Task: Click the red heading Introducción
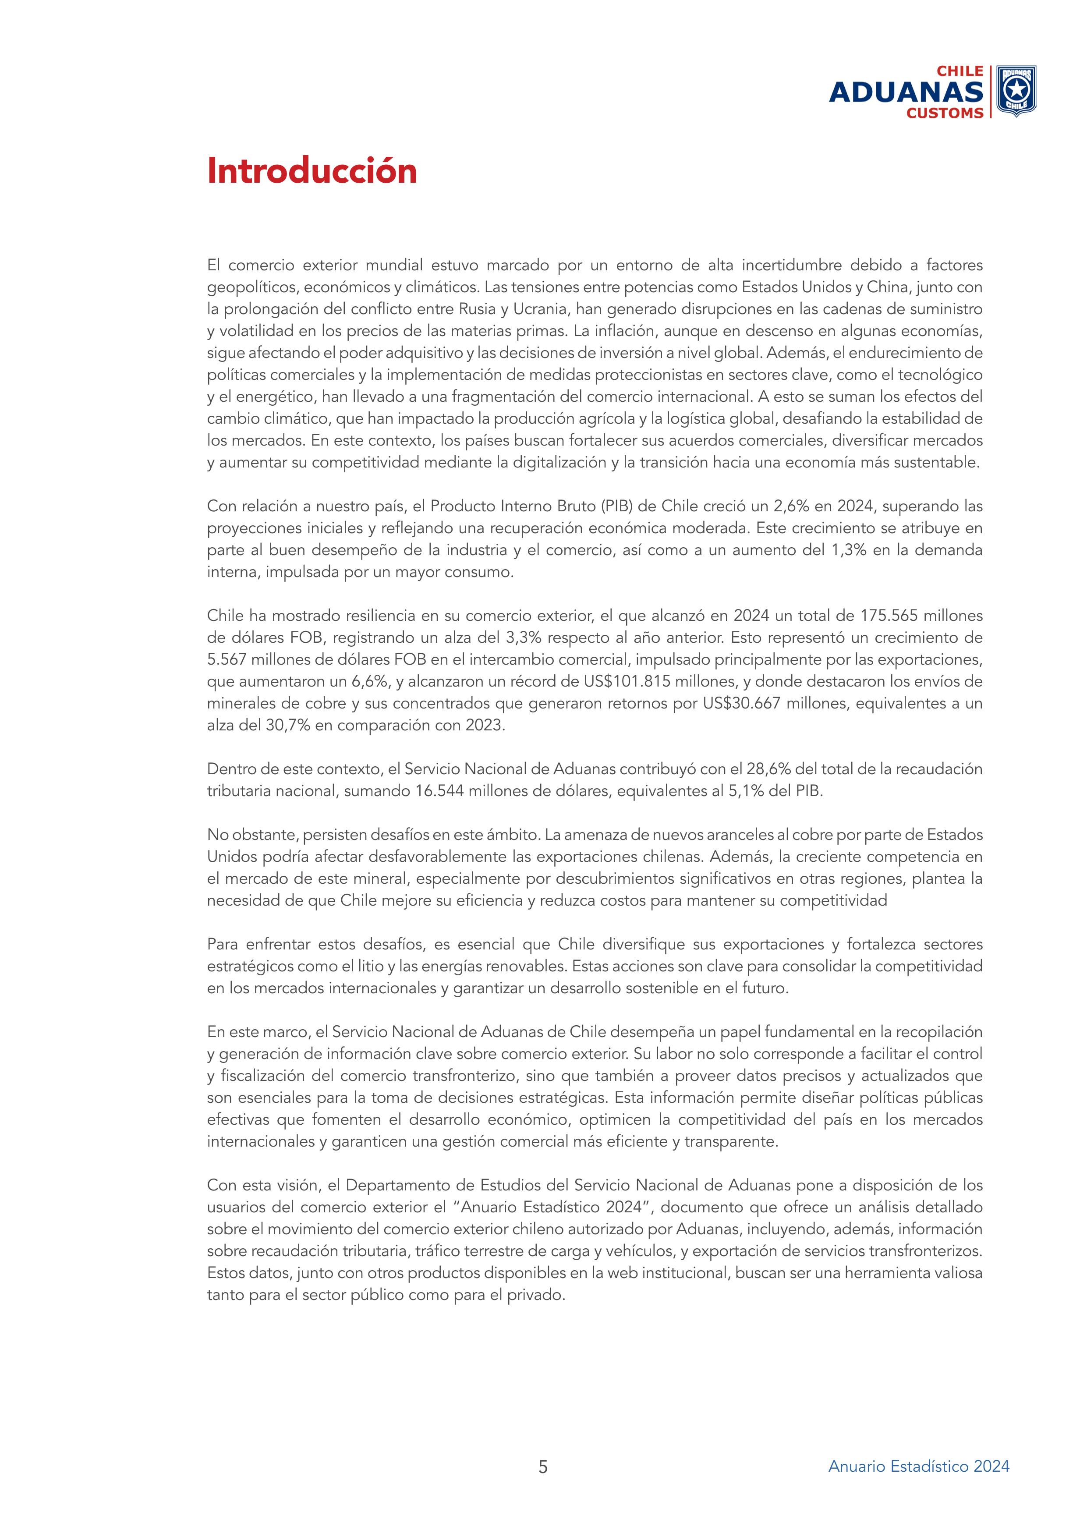coord(312,171)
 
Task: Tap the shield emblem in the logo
coord(1016,90)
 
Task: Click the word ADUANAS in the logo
coord(906,92)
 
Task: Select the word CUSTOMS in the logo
coord(945,113)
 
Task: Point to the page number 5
coord(543,1467)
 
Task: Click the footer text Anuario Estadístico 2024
coord(918,1466)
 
